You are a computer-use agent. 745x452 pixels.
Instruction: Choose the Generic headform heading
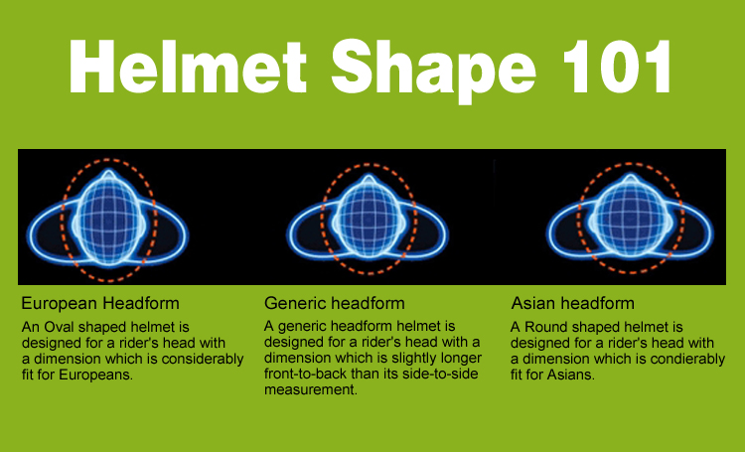pyautogui.click(x=335, y=303)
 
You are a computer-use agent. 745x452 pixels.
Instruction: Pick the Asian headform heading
pyautogui.click(x=573, y=303)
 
